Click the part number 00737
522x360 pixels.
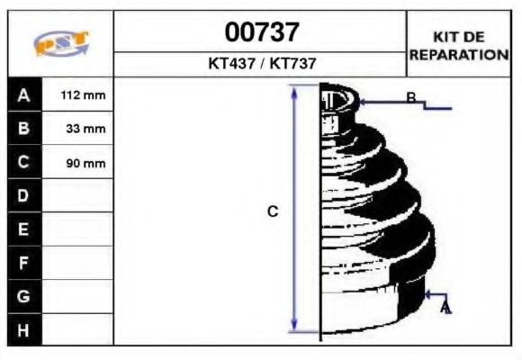[x=261, y=32]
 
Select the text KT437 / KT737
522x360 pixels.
[x=261, y=64]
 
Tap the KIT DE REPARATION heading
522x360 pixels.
[x=459, y=45]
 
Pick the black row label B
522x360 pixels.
[x=24, y=129]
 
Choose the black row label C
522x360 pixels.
[x=24, y=163]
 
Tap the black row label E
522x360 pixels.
[x=24, y=229]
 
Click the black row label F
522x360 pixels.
[x=24, y=263]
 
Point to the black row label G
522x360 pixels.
[x=24, y=296]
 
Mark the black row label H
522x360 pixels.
[x=24, y=329]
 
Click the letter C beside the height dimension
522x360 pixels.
[x=274, y=211]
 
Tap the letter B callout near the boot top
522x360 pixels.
[x=410, y=98]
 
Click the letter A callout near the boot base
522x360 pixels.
[x=445, y=309]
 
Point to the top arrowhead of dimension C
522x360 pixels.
[x=294, y=90]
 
